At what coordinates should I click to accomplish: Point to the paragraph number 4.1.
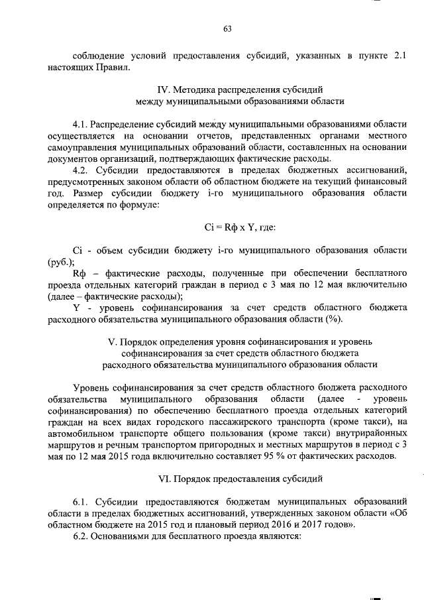80,123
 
